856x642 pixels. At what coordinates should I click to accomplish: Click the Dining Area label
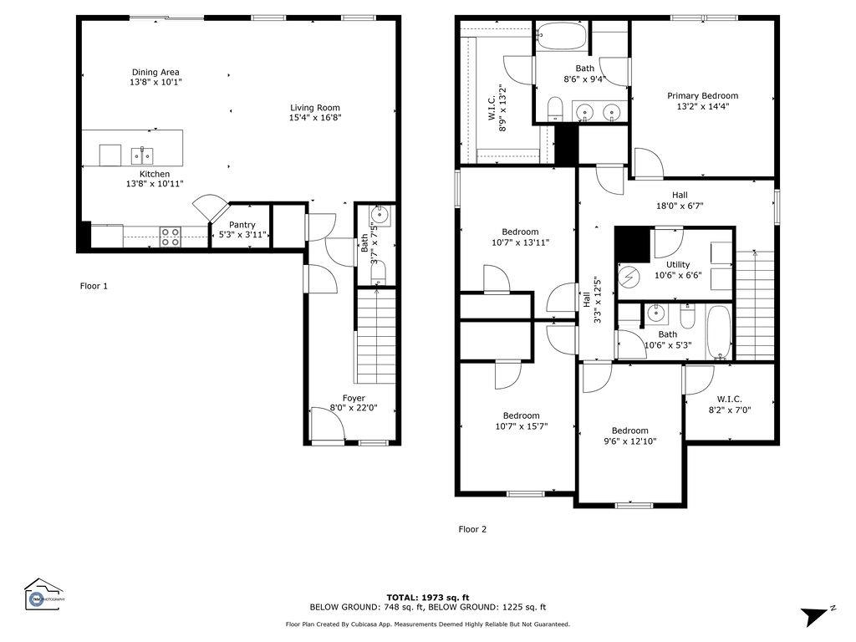click(x=155, y=72)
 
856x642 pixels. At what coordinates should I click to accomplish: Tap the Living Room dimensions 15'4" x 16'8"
click(x=315, y=117)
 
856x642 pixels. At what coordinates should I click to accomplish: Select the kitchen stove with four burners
click(x=171, y=237)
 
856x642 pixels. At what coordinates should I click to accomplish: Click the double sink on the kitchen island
click(x=142, y=156)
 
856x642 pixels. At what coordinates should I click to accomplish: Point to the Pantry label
click(x=242, y=225)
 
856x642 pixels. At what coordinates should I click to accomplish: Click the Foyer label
click(x=354, y=399)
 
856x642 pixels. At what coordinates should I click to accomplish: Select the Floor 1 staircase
click(x=376, y=336)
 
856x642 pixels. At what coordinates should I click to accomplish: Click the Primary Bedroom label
click(x=702, y=96)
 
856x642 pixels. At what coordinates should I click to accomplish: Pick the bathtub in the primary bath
click(x=562, y=37)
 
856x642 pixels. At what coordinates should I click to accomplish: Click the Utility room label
click(x=677, y=265)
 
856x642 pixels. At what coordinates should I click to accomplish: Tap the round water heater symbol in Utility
click(x=629, y=278)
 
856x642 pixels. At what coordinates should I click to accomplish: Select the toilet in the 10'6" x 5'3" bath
click(x=687, y=317)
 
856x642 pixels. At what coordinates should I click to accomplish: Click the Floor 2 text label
click(x=472, y=529)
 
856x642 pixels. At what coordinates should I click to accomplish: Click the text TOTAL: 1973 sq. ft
click(x=427, y=598)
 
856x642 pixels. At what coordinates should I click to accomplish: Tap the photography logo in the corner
click(x=43, y=594)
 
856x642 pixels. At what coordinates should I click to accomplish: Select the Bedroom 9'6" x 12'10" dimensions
click(x=630, y=441)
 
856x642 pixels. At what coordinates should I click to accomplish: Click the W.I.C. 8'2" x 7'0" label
click(x=730, y=405)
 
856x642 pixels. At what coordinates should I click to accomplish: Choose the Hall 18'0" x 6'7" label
click(x=680, y=201)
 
